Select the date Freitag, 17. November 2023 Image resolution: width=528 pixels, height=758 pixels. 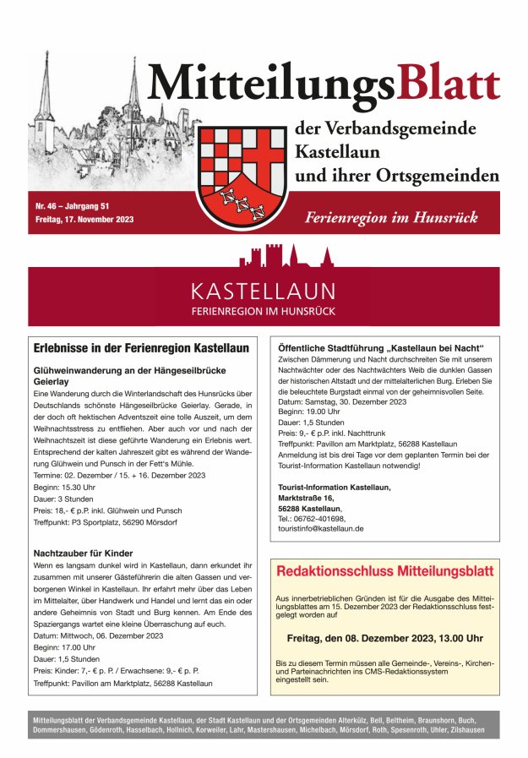point(84,220)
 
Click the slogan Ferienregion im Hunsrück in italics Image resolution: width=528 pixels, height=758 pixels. point(391,217)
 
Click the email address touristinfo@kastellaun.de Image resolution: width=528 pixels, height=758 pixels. point(321,528)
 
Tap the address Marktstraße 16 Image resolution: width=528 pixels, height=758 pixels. point(312,498)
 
